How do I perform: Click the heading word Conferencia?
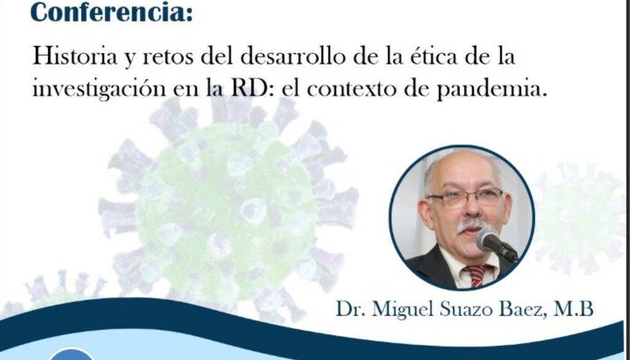coord(111,12)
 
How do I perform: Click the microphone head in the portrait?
coord(487,239)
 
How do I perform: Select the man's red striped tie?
coord(477,276)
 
